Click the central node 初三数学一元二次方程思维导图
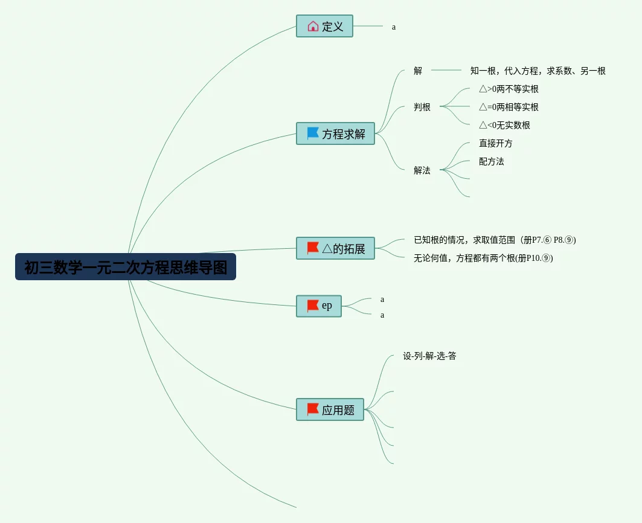(126, 267)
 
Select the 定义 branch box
(324, 26)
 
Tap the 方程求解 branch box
(335, 133)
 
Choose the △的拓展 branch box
(335, 248)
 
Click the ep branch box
(319, 306)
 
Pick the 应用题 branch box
(330, 409)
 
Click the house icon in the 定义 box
(313, 26)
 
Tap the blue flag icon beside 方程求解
(313, 133)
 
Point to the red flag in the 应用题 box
(313, 409)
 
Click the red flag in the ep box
(313, 306)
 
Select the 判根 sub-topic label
(422, 107)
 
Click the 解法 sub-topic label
(422, 170)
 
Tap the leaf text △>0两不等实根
(509, 89)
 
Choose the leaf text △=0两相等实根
(509, 107)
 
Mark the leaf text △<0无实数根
(504, 125)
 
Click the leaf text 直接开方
(496, 143)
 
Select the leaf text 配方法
(492, 161)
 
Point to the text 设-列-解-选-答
(429, 356)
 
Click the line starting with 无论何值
(483, 258)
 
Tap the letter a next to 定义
(394, 27)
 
